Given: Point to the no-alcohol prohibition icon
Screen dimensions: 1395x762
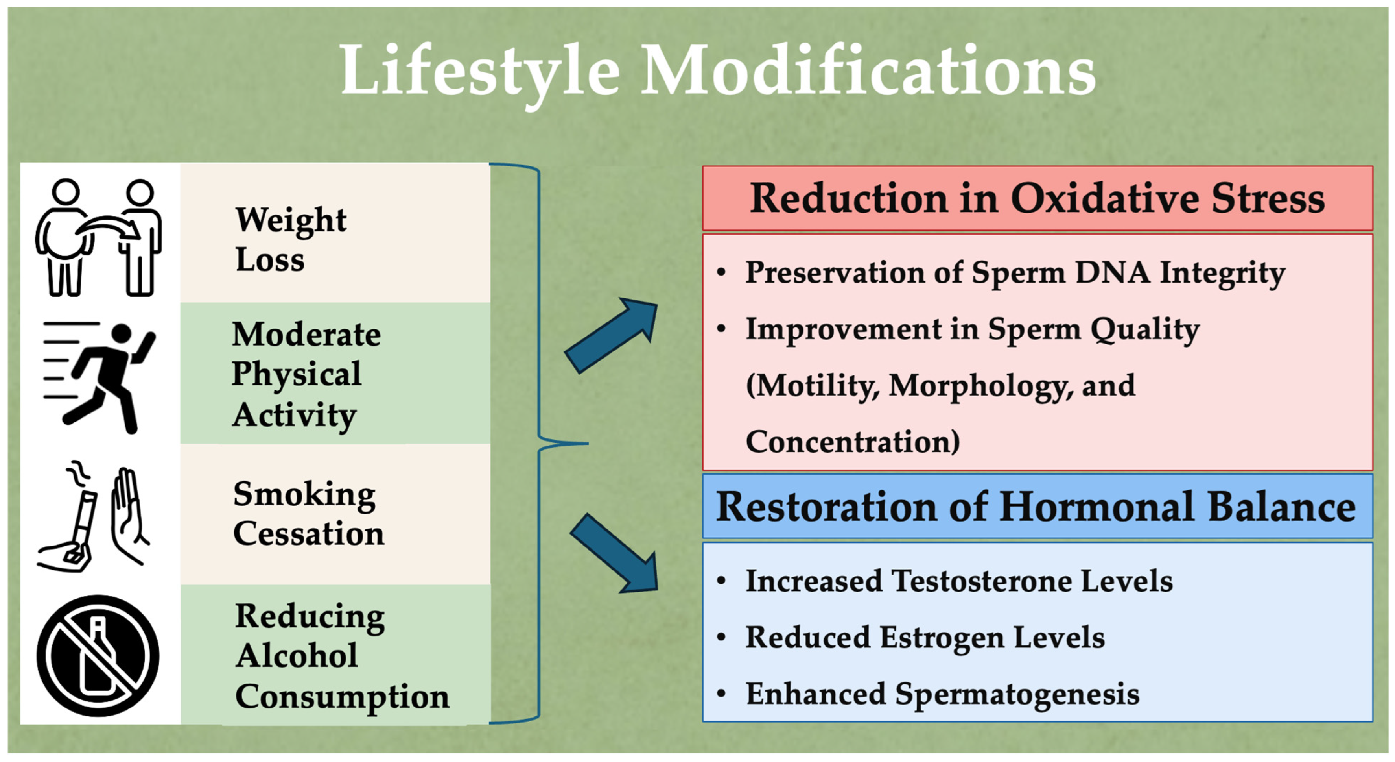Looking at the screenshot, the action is [98, 656].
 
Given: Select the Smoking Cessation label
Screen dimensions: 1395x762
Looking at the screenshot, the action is [309, 513].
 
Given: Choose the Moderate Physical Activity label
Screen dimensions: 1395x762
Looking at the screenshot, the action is [306, 374].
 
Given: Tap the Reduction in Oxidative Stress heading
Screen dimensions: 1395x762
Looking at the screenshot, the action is [1037, 198].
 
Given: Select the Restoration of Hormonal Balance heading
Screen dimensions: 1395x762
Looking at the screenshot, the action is [1036, 506].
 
